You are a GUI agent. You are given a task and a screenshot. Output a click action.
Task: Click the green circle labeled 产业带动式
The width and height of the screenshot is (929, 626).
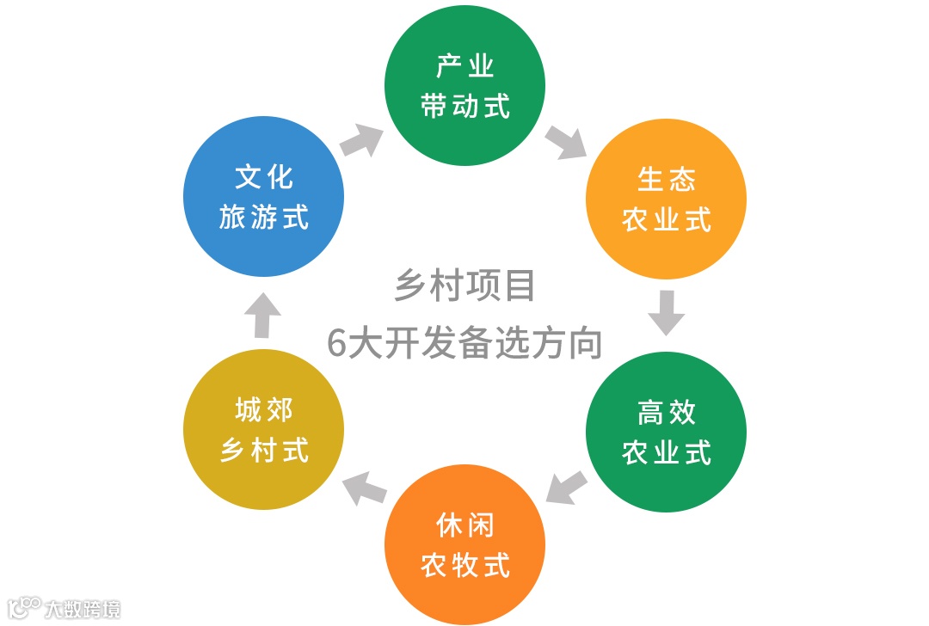click(x=464, y=86)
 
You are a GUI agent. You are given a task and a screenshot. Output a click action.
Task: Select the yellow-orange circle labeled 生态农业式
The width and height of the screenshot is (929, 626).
click(x=666, y=199)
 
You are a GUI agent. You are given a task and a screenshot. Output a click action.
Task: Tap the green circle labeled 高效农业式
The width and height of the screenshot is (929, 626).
click(x=666, y=433)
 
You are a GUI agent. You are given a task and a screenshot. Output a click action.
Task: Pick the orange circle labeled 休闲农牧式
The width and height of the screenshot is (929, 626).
click(x=464, y=544)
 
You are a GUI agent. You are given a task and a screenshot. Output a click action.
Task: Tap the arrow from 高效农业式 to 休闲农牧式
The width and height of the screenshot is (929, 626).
click(x=567, y=488)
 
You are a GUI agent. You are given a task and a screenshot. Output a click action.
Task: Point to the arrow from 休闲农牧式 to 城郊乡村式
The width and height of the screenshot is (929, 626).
click(x=364, y=488)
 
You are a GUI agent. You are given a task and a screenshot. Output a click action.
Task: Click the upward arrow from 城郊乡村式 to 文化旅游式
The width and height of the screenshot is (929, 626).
click(x=263, y=316)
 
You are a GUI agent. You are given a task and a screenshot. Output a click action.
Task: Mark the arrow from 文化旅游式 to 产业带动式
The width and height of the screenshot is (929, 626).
click(x=362, y=140)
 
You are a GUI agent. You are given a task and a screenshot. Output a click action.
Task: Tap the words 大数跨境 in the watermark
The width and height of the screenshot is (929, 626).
click(x=83, y=609)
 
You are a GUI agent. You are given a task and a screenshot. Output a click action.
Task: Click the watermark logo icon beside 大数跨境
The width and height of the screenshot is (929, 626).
click(x=23, y=608)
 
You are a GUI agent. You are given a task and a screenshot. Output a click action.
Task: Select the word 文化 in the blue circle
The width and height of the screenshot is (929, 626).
click(x=264, y=177)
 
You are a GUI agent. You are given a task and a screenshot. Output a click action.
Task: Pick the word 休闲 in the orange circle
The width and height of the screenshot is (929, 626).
click(x=464, y=525)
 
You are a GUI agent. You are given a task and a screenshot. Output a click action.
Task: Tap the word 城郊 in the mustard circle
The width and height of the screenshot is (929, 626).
click(x=264, y=410)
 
